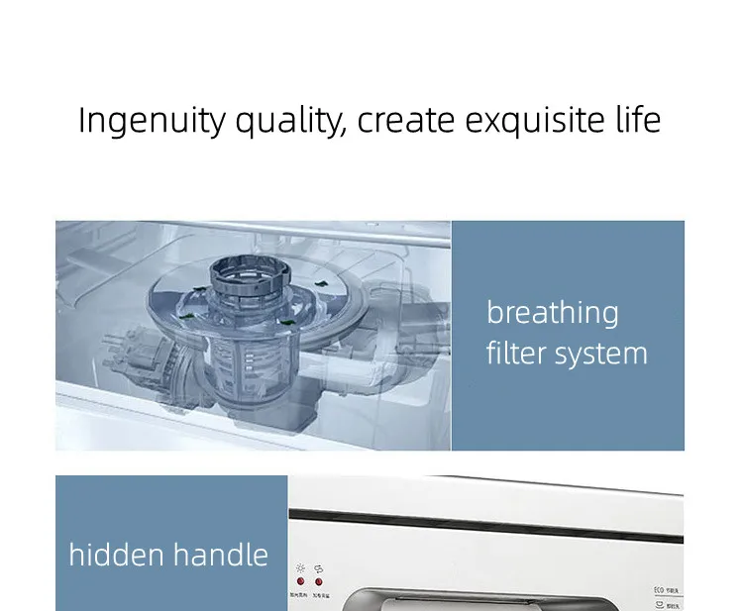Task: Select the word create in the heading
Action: [x=406, y=121]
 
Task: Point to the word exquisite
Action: [x=535, y=121]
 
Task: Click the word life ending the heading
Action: [x=636, y=120]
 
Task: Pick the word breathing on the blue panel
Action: [x=552, y=313]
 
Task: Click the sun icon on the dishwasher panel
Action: [x=299, y=569]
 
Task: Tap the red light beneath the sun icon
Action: [x=299, y=582]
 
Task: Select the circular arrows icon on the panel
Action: [x=319, y=569]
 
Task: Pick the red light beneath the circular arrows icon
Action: [x=319, y=582]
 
